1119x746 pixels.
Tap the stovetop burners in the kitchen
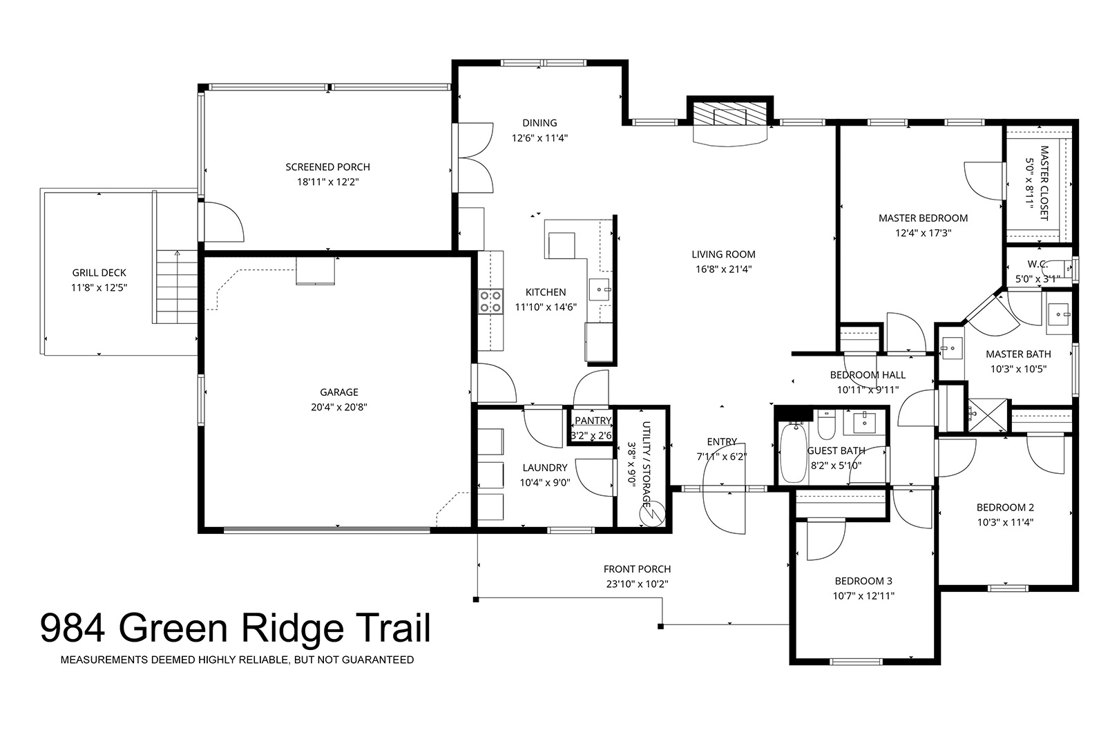pos(490,302)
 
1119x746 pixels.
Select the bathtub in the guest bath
pos(794,452)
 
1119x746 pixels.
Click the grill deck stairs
pos(177,286)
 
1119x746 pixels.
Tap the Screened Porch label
pos(327,167)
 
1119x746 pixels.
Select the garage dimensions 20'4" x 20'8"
pos(338,408)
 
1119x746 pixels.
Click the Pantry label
pos(593,421)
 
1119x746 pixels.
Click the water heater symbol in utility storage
pos(653,514)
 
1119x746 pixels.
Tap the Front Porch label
pos(637,569)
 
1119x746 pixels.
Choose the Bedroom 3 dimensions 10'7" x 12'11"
pos(863,596)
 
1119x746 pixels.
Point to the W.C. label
pos(1037,264)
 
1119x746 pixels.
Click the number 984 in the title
pos(73,629)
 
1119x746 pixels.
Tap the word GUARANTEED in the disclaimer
pos(378,660)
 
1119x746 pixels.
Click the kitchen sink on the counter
pos(600,290)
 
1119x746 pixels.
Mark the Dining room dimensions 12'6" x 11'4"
pos(539,138)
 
